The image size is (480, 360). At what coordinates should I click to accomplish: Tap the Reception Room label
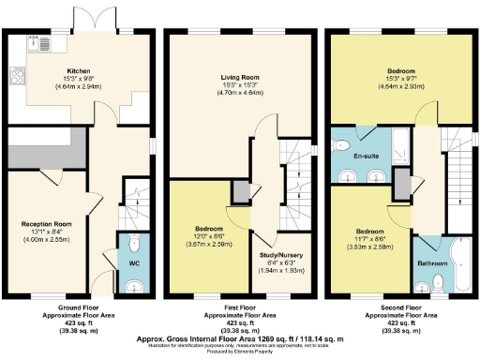click(x=48, y=224)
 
